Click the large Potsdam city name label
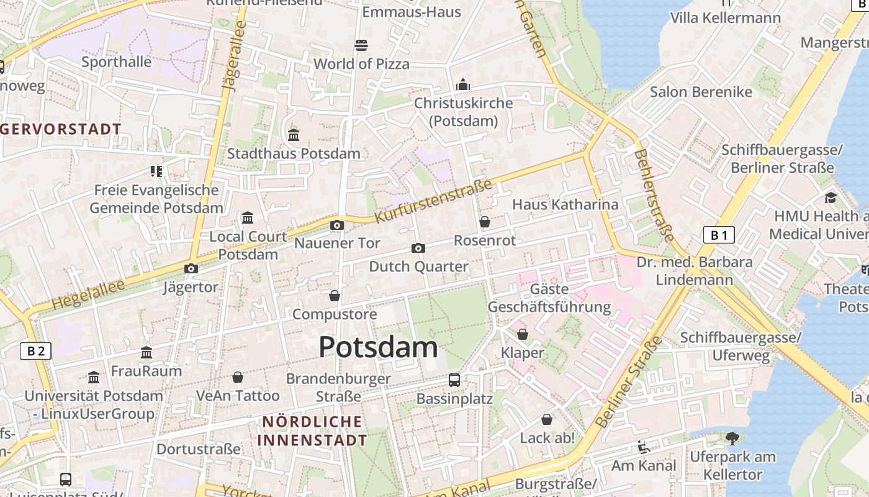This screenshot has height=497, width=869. [x=378, y=347]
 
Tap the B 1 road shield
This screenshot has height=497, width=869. [x=719, y=235]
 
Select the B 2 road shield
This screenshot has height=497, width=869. [x=35, y=351]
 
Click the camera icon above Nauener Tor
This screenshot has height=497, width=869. [x=337, y=225]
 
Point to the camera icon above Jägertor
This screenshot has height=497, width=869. [x=191, y=268]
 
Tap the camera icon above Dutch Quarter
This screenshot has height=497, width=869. [x=418, y=248]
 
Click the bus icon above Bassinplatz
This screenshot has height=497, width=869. [x=454, y=380]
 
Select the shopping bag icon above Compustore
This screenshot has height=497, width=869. [x=335, y=296]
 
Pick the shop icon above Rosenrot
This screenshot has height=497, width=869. [x=485, y=222]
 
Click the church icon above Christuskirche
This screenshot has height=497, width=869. [x=463, y=84]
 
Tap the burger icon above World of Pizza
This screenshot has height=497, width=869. [x=361, y=45]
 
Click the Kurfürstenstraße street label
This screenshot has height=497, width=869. [x=434, y=201]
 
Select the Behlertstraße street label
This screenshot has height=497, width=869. [x=654, y=195]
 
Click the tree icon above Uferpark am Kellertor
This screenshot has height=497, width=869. [x=732, y=438]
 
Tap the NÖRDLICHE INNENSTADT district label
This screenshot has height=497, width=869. [x=313, y=431]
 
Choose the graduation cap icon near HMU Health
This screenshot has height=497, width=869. [x=831, y=198]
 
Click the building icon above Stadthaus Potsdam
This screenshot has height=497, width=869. [x=294, y=134]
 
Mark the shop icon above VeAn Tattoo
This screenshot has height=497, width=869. [x=238, y=377]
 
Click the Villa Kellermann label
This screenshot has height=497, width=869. [x=725, y=17]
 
